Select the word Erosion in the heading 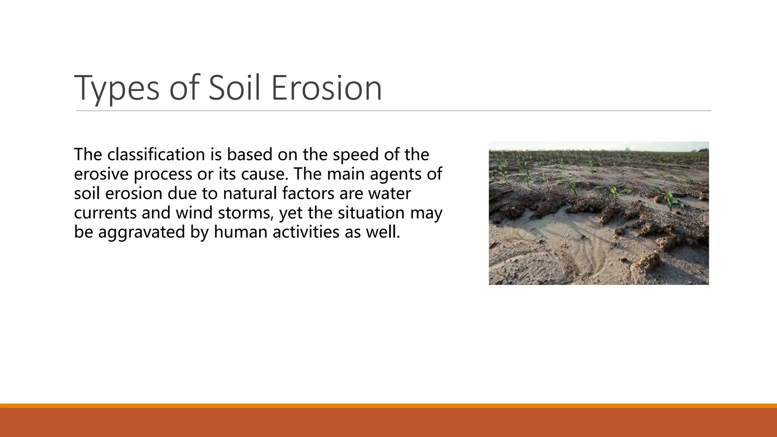tap(326, 88)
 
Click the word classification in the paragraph tap(156, 154)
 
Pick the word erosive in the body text tap(101, 174)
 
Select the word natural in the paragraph tap(250, 193)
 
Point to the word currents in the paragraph tap(105, 212)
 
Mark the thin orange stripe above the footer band tap(388, 406)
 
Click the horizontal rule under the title tap(393, 111)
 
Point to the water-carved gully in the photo tap(569, 247)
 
